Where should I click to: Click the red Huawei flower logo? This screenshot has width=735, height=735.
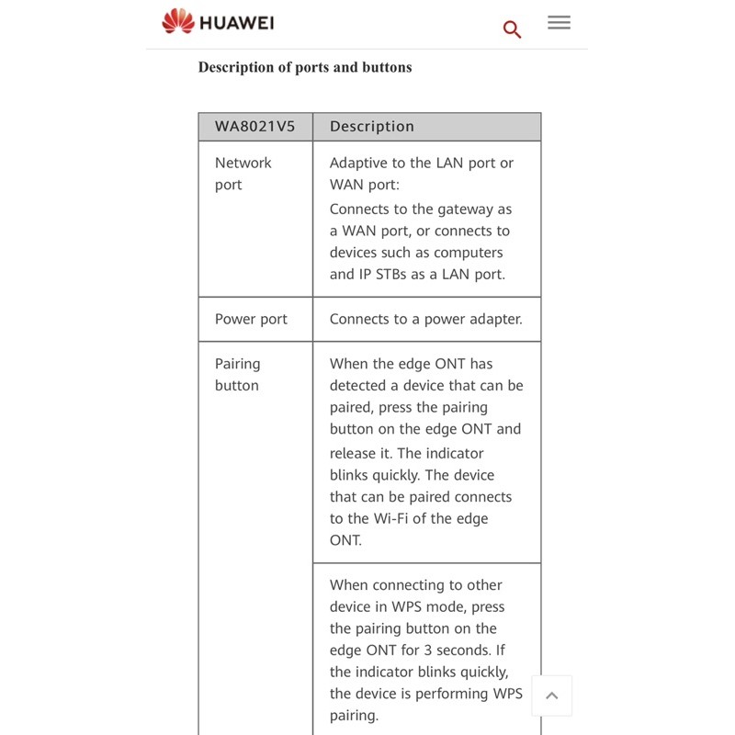click(x=177, y=21)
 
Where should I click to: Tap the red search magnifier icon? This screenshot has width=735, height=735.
click(x=512, y=29)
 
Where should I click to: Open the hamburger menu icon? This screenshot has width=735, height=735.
click(x=559, y=22)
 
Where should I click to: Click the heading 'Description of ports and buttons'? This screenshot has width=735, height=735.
click(x=305, y=67)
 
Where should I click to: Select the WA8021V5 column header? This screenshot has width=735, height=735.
click(x=254, y=127)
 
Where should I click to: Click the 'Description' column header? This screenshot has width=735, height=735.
click(x=371, y=127)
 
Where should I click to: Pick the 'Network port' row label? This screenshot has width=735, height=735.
click(x=243, y=174)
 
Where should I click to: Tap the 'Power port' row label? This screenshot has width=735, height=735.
click(x=251, y=319)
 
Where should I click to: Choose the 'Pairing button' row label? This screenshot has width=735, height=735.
click(x=237, y=375)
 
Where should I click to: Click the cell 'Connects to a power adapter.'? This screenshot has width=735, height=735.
click(x=425, y=319)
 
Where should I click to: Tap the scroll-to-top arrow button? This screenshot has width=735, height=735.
click(x=551, y=695)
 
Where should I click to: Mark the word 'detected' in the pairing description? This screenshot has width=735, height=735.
click(x=364, y=386)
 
